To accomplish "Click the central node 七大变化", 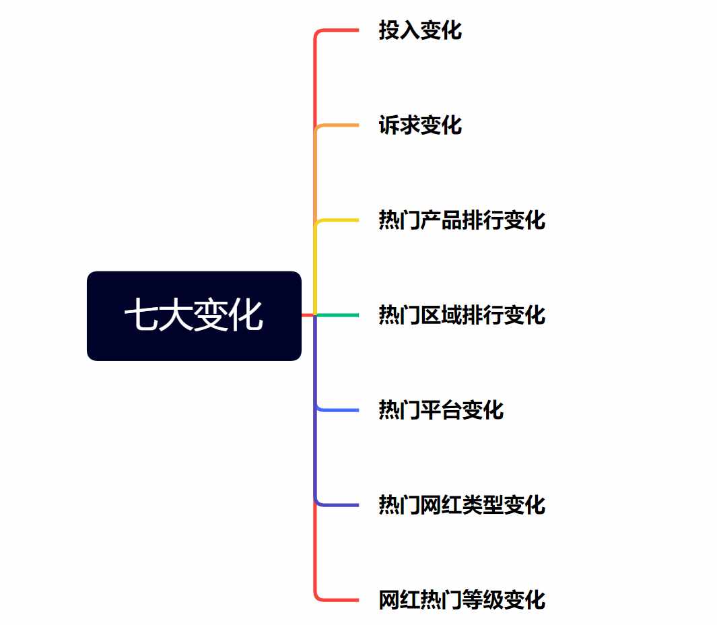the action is tap(194, 316).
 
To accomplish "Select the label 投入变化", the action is tap(420, 30).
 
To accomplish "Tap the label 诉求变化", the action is tap(420, 125).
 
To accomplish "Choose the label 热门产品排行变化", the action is tap(462, 220).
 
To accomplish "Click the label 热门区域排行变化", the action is tap(462, 315).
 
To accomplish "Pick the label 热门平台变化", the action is tap(441, 410).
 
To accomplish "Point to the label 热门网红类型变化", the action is tap(462, 505).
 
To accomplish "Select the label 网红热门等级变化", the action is tap(462, 600).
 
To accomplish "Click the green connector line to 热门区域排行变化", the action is tap(337, 315).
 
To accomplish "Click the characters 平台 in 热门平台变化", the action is tap(441, 410).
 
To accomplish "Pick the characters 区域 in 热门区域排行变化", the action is tap(441, 315).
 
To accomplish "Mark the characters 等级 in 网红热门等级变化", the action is tap(483, 600).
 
